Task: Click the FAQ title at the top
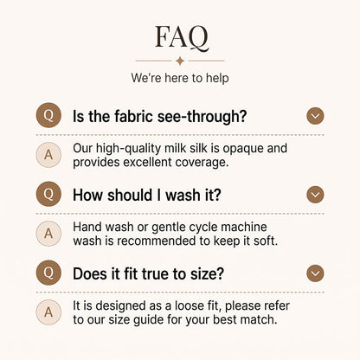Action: tap(182, 37)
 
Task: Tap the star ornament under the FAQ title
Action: tap(180, 61)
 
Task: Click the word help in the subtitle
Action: tap(217, 78)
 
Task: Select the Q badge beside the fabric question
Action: tap(48, 115)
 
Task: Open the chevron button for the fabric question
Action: tap(315, 116)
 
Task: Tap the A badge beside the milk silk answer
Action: tap(48, 155)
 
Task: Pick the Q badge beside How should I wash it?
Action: tap(48, 194)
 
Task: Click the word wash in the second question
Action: tap(183, 195)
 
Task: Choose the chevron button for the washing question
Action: tap(315, 195)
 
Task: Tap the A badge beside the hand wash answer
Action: tap(48, 234)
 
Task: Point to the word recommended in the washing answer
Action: tap(156, 241)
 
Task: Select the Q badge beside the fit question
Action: tap(48, 273)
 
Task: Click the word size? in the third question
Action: tap(207, 273)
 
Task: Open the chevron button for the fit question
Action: tap(315, 273)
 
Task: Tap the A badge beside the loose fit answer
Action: tap(48, 312)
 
